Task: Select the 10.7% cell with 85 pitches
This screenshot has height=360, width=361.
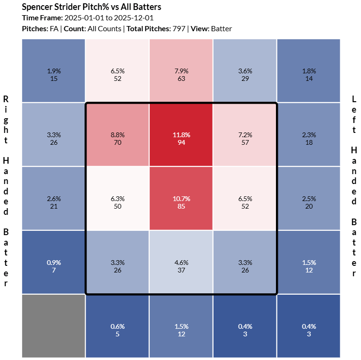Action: [x=181, y=198]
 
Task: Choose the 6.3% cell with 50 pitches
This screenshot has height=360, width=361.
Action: [x=117, y=198]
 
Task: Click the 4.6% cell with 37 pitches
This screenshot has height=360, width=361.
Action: [x=181, y=262]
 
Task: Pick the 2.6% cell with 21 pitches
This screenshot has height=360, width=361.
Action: [x=53, y=198]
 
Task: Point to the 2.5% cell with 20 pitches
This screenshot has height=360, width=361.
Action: [x=309, y=198]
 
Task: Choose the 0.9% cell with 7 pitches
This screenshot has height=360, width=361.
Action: [x=53, y=262]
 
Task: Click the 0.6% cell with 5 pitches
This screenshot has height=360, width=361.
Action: [x=117, y=326]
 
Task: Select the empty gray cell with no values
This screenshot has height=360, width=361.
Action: [x=53, y=326]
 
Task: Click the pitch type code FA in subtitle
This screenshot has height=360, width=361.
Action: [x=54, y=29]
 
